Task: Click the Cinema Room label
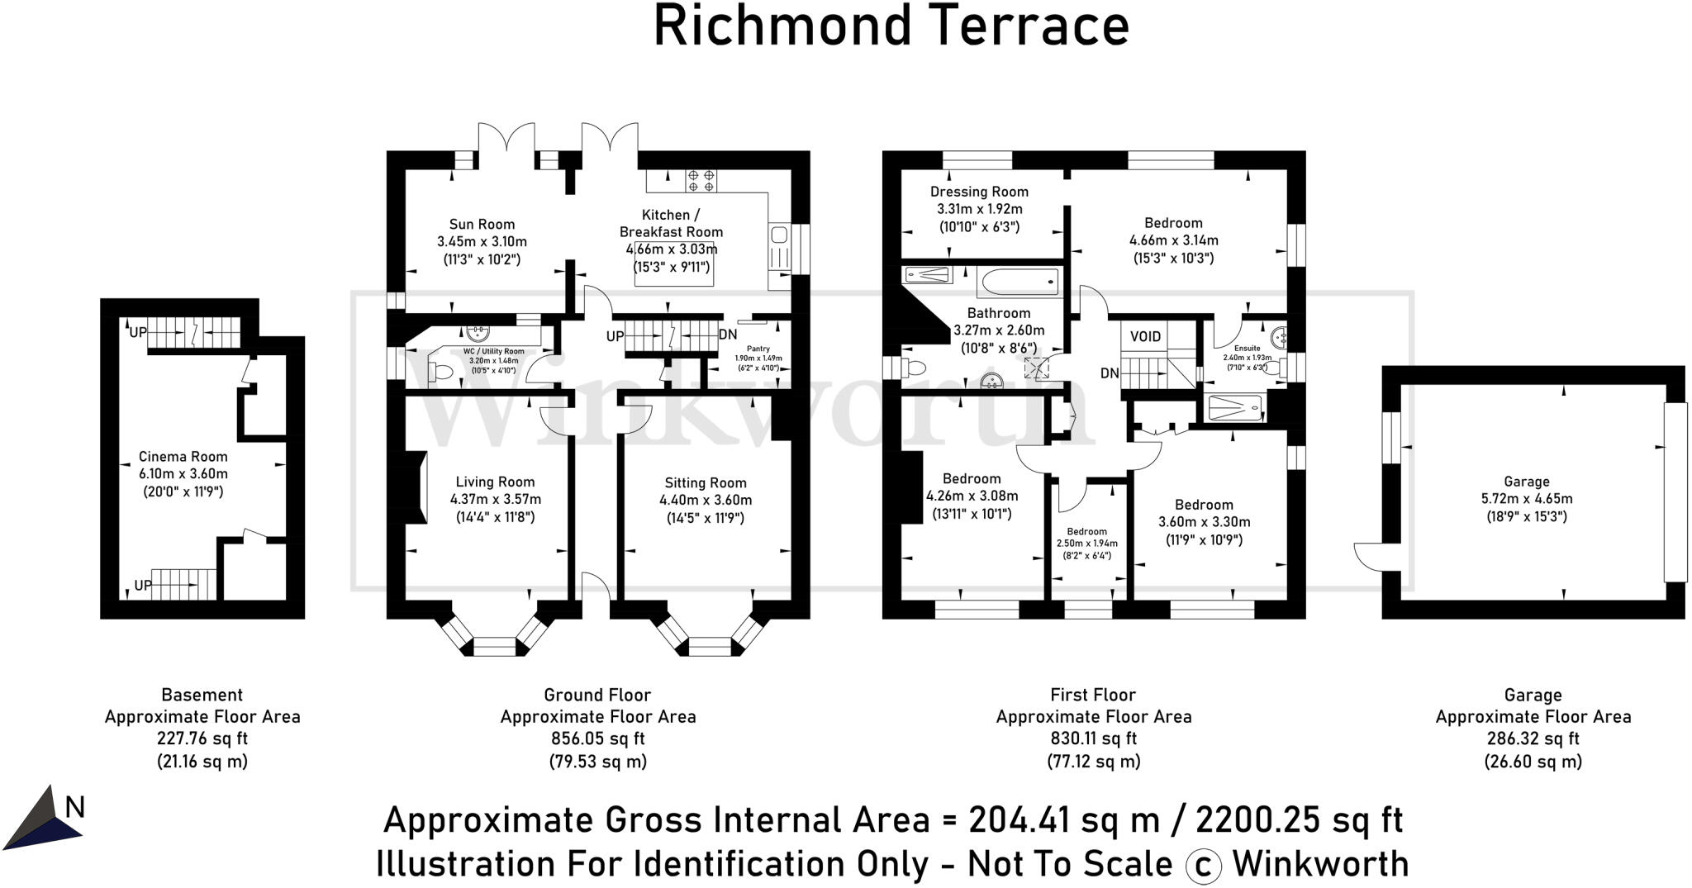click(x=183, y=457)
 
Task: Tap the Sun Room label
click(x=482, y=224)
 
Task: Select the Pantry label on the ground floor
click(x=758, y=349)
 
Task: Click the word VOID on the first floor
click(x=1145, y=336)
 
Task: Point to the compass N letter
click(x=75, y=807)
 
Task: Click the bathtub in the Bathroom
click(x=1019, y=282)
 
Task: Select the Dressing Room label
click(x=979, y=192)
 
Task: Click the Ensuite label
click(x=1247, y=349)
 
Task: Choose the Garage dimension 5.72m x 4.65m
click(x=1526, y=499)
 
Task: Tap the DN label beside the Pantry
click(x=728, y=335)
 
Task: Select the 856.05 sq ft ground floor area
click(x=597, y=738)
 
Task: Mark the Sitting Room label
click(x=705, y=483)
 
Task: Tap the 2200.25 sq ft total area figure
click(x=1299, y=820)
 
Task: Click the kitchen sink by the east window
click(x=778, y=236)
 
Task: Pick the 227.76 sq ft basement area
click(x=202, y=738)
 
